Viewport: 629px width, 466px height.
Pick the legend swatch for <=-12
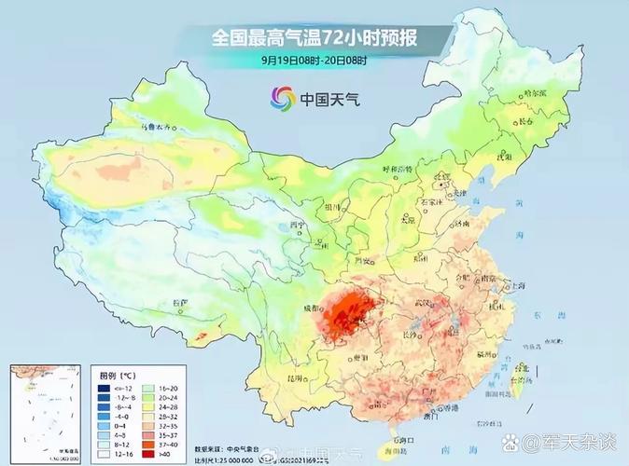click(x=106, y=386)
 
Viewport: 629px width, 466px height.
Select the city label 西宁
click(x=298, y=226)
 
